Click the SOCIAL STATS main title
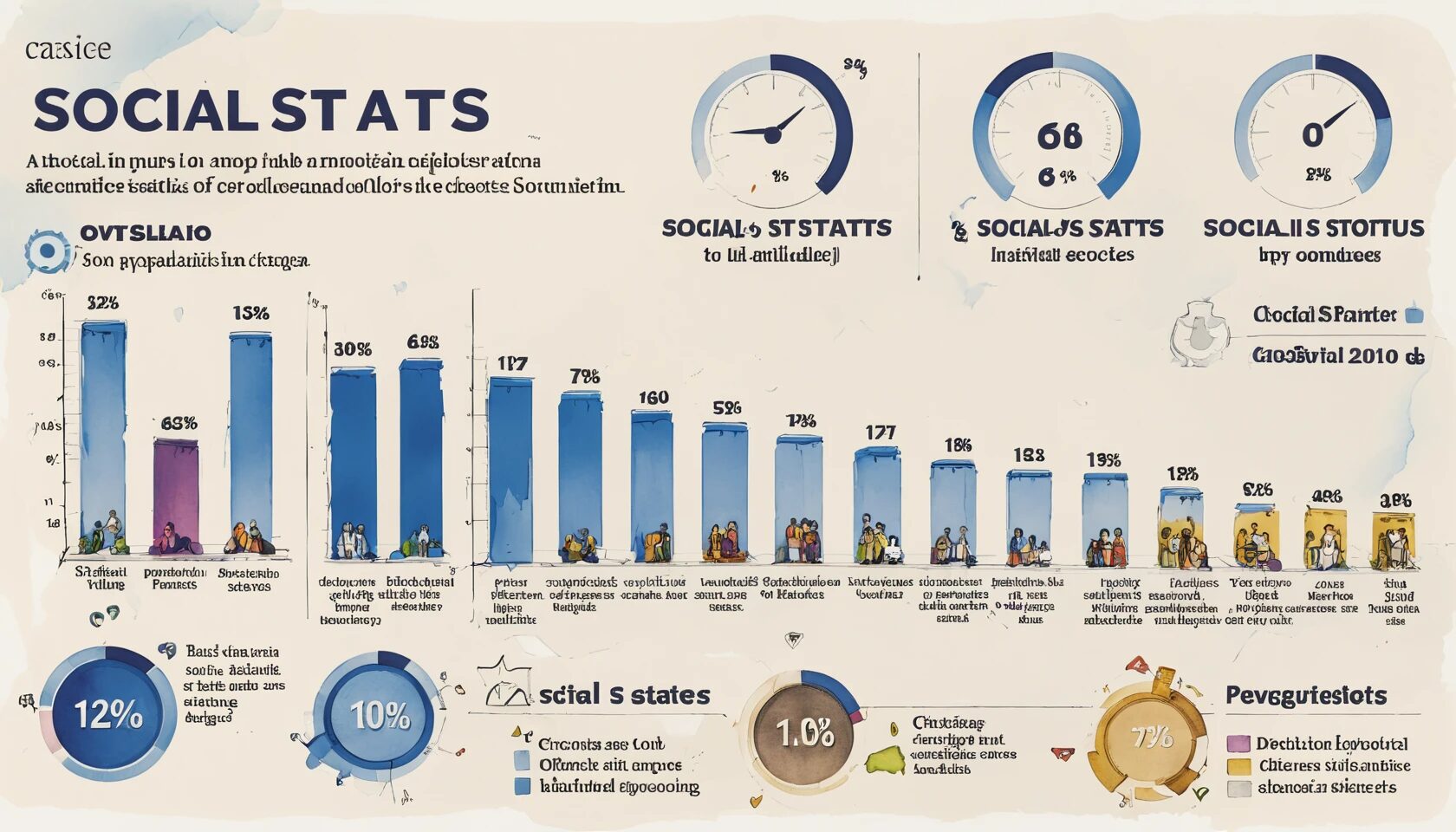click(261, 111)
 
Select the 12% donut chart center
click(107, 715)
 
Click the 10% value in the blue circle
click(380, 716)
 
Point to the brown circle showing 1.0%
click(803, 733)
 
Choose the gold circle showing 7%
click(1152, 738)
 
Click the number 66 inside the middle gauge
click(1059, 136)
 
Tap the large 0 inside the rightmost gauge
click(1312, 135)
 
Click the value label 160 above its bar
click(653, 398)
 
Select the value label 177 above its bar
click(881, 432)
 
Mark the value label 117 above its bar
click(512, 364)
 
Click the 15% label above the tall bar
click(250, 313)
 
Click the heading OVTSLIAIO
click(146, 233)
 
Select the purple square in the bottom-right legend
click(1239, 744)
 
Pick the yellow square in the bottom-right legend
click(1239, 766)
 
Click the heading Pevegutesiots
click(1305, 695)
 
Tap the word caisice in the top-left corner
click(68, 49)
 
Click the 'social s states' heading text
click(624, 695)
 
